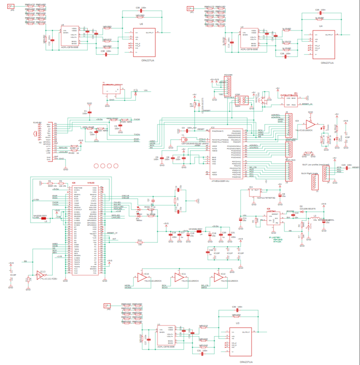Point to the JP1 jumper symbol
[191, 8]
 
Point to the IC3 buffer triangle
[310, 123]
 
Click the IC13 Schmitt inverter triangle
[41, 276]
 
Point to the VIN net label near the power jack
[145, 91]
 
